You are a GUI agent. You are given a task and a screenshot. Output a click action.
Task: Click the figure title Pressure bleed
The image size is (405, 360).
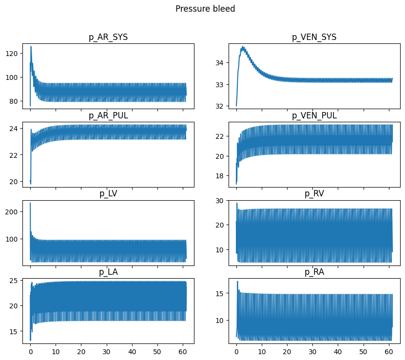point(205,9)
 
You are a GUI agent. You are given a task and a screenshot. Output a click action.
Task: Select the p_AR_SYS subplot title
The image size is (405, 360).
point(108,38)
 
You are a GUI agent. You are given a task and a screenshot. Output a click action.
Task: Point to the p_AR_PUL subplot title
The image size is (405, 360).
point(108,115)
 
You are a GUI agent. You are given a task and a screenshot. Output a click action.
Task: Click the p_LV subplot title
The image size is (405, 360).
point(108,194)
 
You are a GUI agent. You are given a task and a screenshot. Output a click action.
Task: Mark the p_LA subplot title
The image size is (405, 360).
point(108,272)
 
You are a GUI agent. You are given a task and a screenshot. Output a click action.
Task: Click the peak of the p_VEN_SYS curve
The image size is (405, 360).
point(243,47)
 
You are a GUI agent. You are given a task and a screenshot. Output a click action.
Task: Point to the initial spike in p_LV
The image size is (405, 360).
point(30,203)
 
